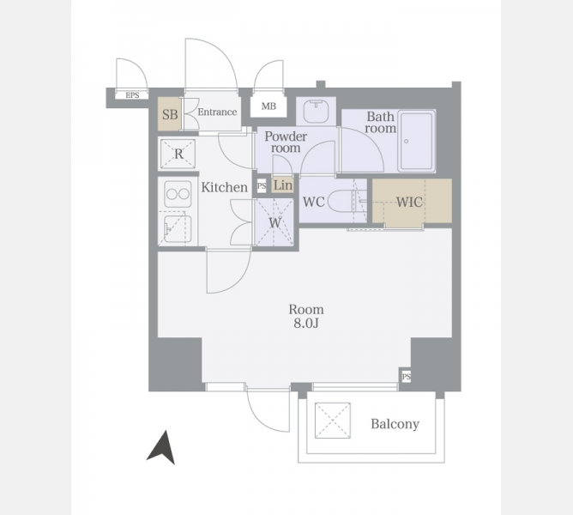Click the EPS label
pyautogui.click(x=132, y=95)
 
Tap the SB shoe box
pyautogui.click(x=170, y=114)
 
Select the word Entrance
pyautogui.click(x=217, y=112)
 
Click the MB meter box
pyautogui.click(x=268, y=106)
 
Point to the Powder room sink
pyautogui.click(x=316, y=111)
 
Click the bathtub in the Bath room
pyautogui.click(x=417, y=141)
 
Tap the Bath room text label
pyautogui.click(x=380, y=122)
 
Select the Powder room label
pyautogui.click(x=286, y=142)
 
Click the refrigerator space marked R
pyautogui.click(x=178, y=154)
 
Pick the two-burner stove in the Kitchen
pyautogui.click(x=178, y=194)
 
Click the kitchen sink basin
pyautogui.click(x=178, y=228)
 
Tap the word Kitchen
pyautogui.click(x=225, y=187)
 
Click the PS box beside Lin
pyautogui.click(x=262, y=185)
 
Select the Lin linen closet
pyautogui.click(x=283, y=185)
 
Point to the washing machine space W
pyautogui.click(x=274, y=222)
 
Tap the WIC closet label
pyautogui.click(x=409, y=202)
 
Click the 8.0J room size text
pyautogui.click(x=306, y=324)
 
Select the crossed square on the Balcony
pyautogui.click(x=333, y=421)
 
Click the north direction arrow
pyautogui.click(x=162, y=448)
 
